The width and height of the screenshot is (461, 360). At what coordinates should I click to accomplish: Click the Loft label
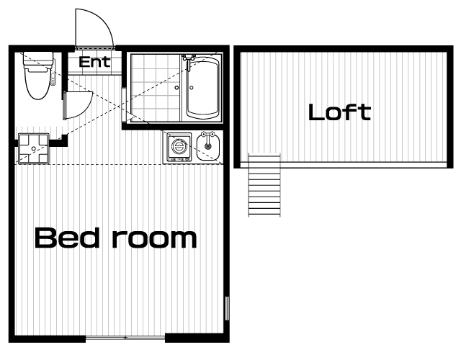pos(339,112)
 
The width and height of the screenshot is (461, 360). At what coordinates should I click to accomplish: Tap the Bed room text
pos(115,238)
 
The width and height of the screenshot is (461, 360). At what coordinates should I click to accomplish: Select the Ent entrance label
pos(94,62)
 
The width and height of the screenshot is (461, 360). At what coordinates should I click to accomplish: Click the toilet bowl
pos(37,83)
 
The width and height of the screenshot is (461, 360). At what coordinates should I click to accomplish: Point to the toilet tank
pos(38,59)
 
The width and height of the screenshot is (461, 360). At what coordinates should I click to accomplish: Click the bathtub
pos(202,88)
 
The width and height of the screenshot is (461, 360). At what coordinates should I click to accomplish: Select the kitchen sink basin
pos(208,146)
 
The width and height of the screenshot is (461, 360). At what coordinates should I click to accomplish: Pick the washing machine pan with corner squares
pos(34,148)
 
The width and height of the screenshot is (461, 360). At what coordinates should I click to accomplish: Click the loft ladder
pos(264,185)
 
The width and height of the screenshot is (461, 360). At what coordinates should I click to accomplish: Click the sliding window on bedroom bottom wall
pos(125,338)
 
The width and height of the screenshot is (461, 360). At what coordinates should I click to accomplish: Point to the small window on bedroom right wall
pos(227,308)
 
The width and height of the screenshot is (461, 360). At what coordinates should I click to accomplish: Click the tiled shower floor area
pos(155,88)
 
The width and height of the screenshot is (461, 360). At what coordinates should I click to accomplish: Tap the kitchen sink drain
pos(208,146)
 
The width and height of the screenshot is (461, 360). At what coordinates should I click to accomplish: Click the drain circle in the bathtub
pos(192,88)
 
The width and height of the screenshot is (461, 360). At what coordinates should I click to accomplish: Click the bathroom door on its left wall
pos(124,104)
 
